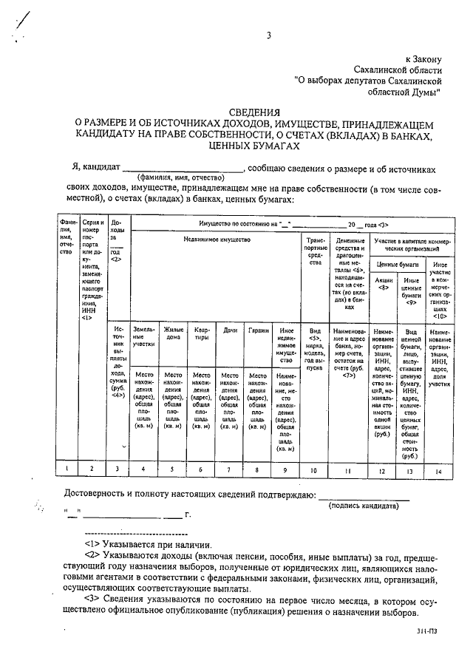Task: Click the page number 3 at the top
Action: [269, 35]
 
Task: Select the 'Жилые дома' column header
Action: [173, 335]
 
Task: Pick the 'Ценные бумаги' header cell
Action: [398, 264]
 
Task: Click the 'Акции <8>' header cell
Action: [384, 285]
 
